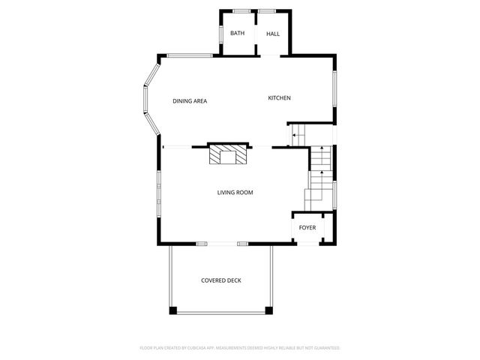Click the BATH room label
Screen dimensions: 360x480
tap(237, 34)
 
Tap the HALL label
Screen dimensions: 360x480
tap(273, 34)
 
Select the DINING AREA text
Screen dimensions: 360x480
tap(190, 101)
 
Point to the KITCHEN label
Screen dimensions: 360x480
tap(280, 98)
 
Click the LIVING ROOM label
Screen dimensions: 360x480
tap(235, 193)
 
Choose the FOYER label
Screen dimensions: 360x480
tap(307, 227)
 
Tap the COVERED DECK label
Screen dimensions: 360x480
tap(221, 280)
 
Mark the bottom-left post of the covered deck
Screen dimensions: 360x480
tap(172, 310)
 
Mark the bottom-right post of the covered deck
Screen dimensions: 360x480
tap(269, 310)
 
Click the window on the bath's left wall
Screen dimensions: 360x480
tap(220, 34)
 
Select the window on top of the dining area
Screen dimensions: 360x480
tap(190, 55)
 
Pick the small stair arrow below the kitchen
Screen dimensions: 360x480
tap(295, 136)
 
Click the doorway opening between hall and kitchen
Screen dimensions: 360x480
tap(271, 55)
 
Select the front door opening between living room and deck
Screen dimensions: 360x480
tap(222, 244)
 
